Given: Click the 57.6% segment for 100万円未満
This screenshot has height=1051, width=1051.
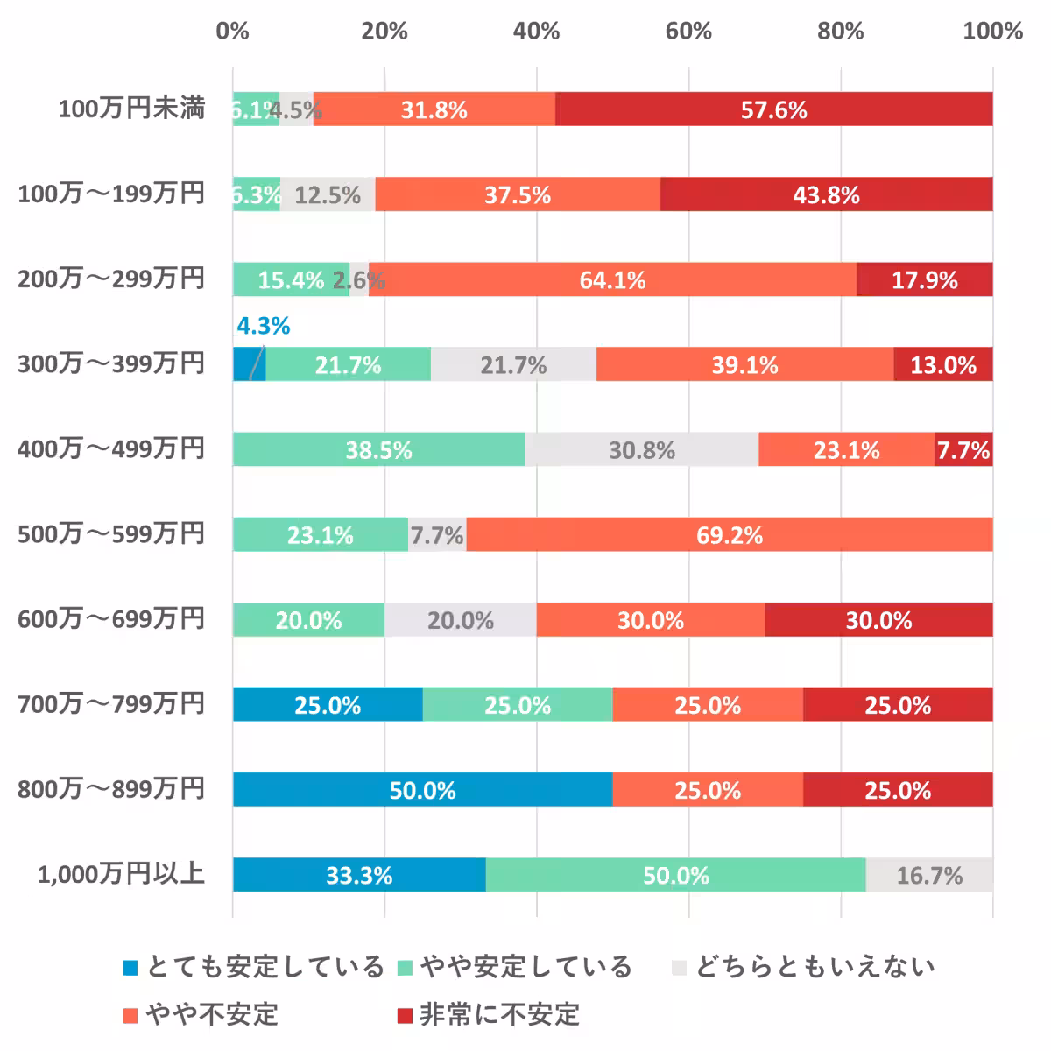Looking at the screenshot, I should (773, 109).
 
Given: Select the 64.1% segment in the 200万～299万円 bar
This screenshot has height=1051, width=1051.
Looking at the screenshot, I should (612, 279).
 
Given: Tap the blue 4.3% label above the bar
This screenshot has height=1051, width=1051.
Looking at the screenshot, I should (263, 326).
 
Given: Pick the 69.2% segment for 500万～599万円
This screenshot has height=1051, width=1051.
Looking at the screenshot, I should (729, 534).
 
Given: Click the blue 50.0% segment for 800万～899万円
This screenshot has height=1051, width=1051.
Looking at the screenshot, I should (422, 790).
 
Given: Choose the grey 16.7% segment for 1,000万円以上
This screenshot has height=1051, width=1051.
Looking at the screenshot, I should (928, 875).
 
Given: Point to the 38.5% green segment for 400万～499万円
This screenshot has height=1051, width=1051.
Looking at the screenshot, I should (378, 449).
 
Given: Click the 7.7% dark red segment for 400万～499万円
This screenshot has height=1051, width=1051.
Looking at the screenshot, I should (963, 449).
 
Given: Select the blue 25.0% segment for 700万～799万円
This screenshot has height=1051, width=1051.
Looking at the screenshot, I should (328, 705).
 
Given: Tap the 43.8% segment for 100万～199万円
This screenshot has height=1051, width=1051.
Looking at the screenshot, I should (826, 194).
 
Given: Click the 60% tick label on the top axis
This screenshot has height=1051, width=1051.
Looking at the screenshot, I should (688, 32).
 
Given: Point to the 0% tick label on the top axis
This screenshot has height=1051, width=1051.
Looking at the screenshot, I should (232, 32).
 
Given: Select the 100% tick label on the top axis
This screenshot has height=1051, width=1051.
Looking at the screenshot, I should (992, 32).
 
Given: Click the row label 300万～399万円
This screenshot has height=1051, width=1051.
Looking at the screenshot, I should (111, 363).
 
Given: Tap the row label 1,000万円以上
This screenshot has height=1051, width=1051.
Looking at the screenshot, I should (121, 874).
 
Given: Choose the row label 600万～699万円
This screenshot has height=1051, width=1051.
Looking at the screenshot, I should (111, 619).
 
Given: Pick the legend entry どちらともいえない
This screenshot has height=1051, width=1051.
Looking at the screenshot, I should (815, 967).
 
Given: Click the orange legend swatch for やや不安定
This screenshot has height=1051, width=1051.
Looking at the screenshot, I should (130, 1015).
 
